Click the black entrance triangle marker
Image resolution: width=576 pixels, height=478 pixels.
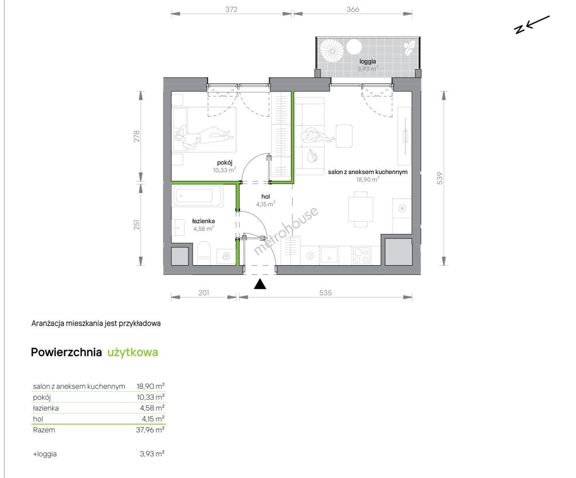[260, 284]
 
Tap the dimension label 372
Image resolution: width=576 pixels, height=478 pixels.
[231, 9]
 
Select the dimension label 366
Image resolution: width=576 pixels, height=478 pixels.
[353, 9]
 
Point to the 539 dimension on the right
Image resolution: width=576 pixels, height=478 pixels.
[440, 178]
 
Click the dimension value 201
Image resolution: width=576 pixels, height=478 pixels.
[204, 293]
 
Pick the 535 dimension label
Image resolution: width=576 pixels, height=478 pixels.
[325, 293]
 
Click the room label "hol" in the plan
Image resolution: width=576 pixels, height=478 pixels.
[265, 197]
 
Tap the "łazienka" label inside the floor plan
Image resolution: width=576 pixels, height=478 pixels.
[203, 221]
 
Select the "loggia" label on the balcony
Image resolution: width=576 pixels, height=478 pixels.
[367, 62]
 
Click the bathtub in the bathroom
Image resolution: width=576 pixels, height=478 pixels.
[197, 196]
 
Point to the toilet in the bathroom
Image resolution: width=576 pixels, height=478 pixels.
[204, 253]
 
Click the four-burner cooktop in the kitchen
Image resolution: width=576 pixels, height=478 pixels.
[361, 256]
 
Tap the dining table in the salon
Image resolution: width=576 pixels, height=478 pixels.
[360, 209]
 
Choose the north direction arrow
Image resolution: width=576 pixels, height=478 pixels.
[532, 25]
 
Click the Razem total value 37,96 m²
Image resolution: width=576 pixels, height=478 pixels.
[151, 430]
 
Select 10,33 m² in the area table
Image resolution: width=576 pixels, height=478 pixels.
[151, 397]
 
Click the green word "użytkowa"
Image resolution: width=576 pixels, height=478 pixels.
[133, 352]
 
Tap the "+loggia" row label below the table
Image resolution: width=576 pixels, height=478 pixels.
[45, 454]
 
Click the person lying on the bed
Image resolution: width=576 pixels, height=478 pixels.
[203, 136]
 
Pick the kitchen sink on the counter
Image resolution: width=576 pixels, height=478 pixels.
[329, 255]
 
